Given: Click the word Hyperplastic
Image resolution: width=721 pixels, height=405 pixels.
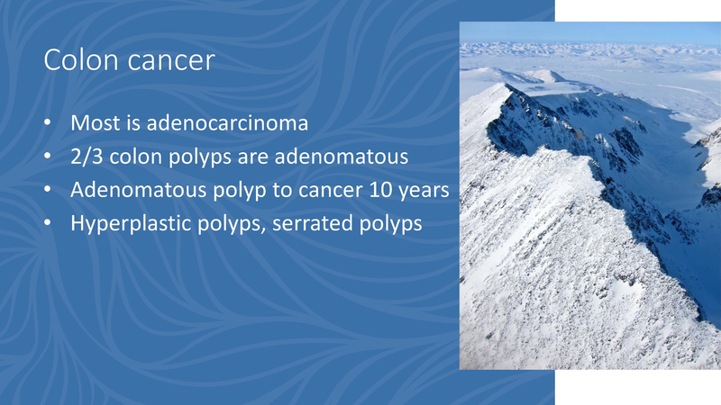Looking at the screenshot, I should pos(132,224).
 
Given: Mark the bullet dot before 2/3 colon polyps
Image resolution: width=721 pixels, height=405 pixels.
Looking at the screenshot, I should pos(49,157).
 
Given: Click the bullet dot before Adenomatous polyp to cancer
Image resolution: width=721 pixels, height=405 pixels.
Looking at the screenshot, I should pos(49,191).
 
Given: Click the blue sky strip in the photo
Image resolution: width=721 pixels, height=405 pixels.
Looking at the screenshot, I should pos(586,31).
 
